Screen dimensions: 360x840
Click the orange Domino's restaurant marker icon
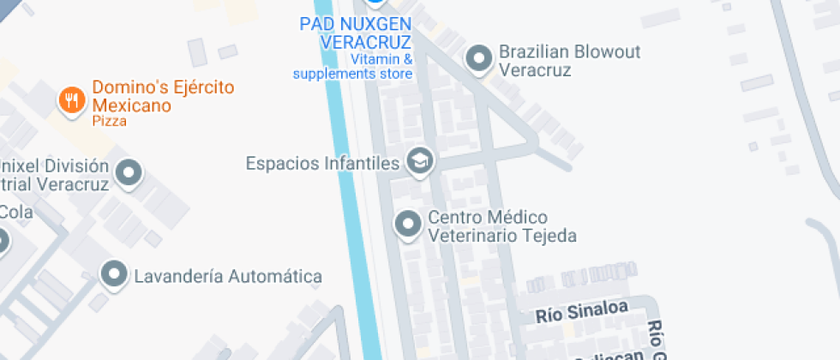pos(71,100)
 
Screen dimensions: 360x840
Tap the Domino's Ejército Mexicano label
pos(163,96)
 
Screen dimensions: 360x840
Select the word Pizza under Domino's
pos(110,121)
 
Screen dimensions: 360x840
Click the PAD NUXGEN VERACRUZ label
pos(355,33)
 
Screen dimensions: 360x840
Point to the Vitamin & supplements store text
pos(353,67)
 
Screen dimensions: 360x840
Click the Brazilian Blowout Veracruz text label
pos(569,61)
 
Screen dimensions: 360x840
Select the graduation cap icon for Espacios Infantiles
pos(419,161)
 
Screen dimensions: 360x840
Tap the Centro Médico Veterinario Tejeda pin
pos(406,225)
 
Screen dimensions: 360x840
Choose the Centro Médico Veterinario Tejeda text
pos(501,226)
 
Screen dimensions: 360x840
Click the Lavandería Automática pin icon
pos(113,275)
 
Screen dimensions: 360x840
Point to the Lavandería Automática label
pos(228,276)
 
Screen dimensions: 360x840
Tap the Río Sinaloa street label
pos(582,312)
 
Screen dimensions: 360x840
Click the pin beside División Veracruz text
pos(129,174)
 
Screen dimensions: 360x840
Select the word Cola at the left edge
pos(15,211)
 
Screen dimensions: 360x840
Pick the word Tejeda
pos(547,236)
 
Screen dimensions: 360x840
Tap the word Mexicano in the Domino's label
pos(132,105)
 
